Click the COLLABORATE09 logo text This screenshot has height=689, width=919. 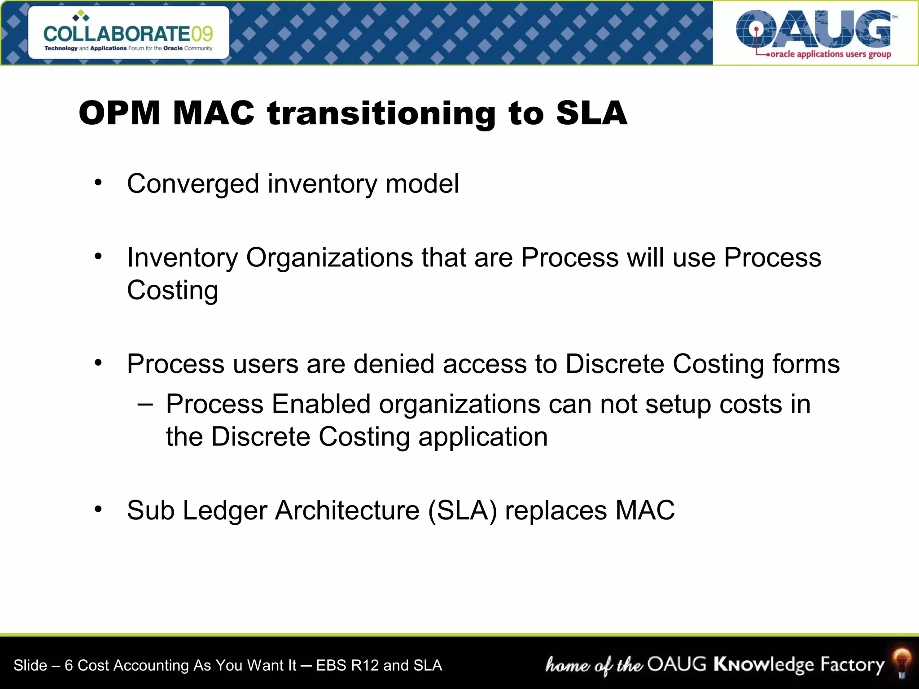click(x=128, y=33)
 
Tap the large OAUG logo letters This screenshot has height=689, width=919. click(x=813, y=29)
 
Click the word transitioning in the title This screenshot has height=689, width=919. click(x=381, y=113)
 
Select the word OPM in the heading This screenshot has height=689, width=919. click(x=119, y=113)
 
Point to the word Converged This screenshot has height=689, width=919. click(x=193, y=184)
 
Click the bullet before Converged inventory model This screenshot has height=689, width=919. click(x=98, y=183)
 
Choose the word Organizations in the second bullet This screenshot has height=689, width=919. click(x=329, y=258)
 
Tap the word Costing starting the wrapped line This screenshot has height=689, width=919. click(x=172, y=291)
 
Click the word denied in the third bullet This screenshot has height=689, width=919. click(x=394, y=364)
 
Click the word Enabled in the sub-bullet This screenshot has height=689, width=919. click(x=321, y=404)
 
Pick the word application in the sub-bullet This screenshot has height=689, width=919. click(x=483, y=437)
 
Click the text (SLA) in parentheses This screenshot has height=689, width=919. click(x=462, y=510)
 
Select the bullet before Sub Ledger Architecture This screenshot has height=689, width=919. click(x=98, y=509)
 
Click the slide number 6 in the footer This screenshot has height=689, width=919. click(x=69, y=665)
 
